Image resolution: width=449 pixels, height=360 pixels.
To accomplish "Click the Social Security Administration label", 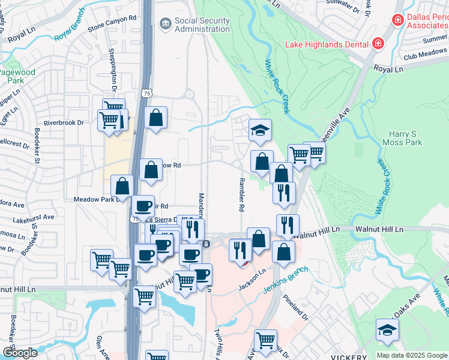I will point(202,25).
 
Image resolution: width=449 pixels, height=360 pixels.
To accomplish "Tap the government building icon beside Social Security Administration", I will point(164,23).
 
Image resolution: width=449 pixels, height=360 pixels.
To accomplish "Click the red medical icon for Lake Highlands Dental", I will point(378,43).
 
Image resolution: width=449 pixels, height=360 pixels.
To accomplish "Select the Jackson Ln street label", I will point(253,277).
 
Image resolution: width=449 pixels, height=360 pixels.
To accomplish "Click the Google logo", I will point(20,353).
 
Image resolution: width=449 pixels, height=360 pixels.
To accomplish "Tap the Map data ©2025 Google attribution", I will point(411,355).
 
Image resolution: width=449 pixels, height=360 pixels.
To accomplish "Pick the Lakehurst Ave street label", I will point(34,217).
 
